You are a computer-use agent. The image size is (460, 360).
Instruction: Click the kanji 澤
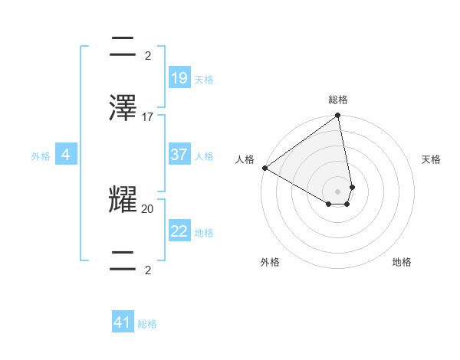[x=123, y=108]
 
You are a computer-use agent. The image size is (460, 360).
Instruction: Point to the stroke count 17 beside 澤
[x=148, y=117]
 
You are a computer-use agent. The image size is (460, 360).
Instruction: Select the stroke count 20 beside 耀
[x=148, y=208]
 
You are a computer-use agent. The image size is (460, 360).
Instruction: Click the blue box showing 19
[x=179, y=78]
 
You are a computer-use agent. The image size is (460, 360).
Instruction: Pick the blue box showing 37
[x=179, y=155]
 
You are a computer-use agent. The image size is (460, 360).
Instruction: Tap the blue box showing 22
[x=179, y=231]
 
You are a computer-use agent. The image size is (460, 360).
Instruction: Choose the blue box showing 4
[x=66, y=155]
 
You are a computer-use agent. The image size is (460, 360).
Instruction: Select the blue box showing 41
[x=123, y=322]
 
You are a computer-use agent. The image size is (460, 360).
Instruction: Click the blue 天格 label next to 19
[x=203, y=79]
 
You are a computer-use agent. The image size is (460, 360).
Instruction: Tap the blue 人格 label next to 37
[x=203, y=155]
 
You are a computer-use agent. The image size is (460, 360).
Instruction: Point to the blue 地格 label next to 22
[x=203, y=232]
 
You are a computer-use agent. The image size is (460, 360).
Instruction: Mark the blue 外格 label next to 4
[x=41, y=155]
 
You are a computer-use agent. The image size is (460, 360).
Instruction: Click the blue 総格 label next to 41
[x=147, y=324]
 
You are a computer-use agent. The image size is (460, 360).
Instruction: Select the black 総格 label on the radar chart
[x=338, y=100]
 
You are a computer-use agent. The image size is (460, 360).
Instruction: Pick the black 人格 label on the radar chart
[x=245, y=159]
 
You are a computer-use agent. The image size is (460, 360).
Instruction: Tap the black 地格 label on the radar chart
[x=402, y=262]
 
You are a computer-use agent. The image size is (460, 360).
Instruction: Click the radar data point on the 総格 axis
[x=338, y=116]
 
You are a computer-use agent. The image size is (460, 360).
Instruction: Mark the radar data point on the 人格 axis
[x=264, y=168]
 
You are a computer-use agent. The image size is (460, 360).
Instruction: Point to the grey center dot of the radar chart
[x=338, y=191]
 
